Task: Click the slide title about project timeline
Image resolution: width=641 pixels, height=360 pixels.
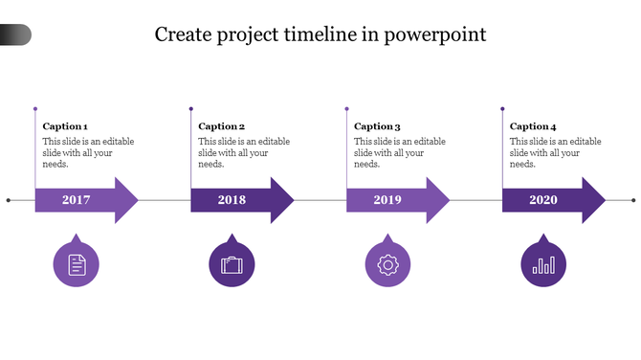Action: point(320,34)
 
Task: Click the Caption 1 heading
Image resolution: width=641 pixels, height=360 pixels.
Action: point(65,126)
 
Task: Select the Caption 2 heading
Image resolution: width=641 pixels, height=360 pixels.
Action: point(222,126)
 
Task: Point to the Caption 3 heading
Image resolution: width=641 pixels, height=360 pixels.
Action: point(377,126)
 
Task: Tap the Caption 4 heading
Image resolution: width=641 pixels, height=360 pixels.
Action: point(533,126)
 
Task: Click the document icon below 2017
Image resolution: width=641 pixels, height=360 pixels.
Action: point(77,264)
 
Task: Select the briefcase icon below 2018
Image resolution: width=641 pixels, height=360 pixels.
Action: point(232,264)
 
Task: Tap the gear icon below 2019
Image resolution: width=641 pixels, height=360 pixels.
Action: point(387,264)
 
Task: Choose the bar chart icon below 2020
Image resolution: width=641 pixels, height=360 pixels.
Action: point(543,264)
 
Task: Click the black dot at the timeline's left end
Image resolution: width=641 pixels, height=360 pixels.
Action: point(9,200)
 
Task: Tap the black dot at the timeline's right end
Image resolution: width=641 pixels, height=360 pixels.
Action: point(633,200)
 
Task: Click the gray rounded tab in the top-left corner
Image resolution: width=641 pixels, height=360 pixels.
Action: point(15,35)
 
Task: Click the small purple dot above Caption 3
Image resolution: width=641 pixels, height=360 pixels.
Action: point(347,108)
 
